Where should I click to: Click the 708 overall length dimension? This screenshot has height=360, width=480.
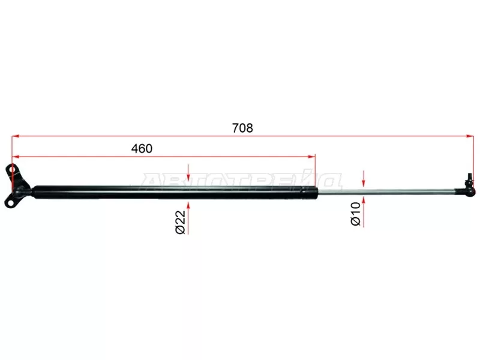click(242, 128)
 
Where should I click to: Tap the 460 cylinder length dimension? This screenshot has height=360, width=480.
click(142, 148)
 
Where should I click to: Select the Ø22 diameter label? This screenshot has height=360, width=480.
click(181, 222)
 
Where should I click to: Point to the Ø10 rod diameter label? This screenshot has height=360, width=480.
click(356, 214)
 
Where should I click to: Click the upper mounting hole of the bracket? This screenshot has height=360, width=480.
click(12, 169)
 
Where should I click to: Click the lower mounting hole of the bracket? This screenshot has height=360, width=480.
click(11, 202)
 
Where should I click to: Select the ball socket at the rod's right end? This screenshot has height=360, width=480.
click(470, 191)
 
